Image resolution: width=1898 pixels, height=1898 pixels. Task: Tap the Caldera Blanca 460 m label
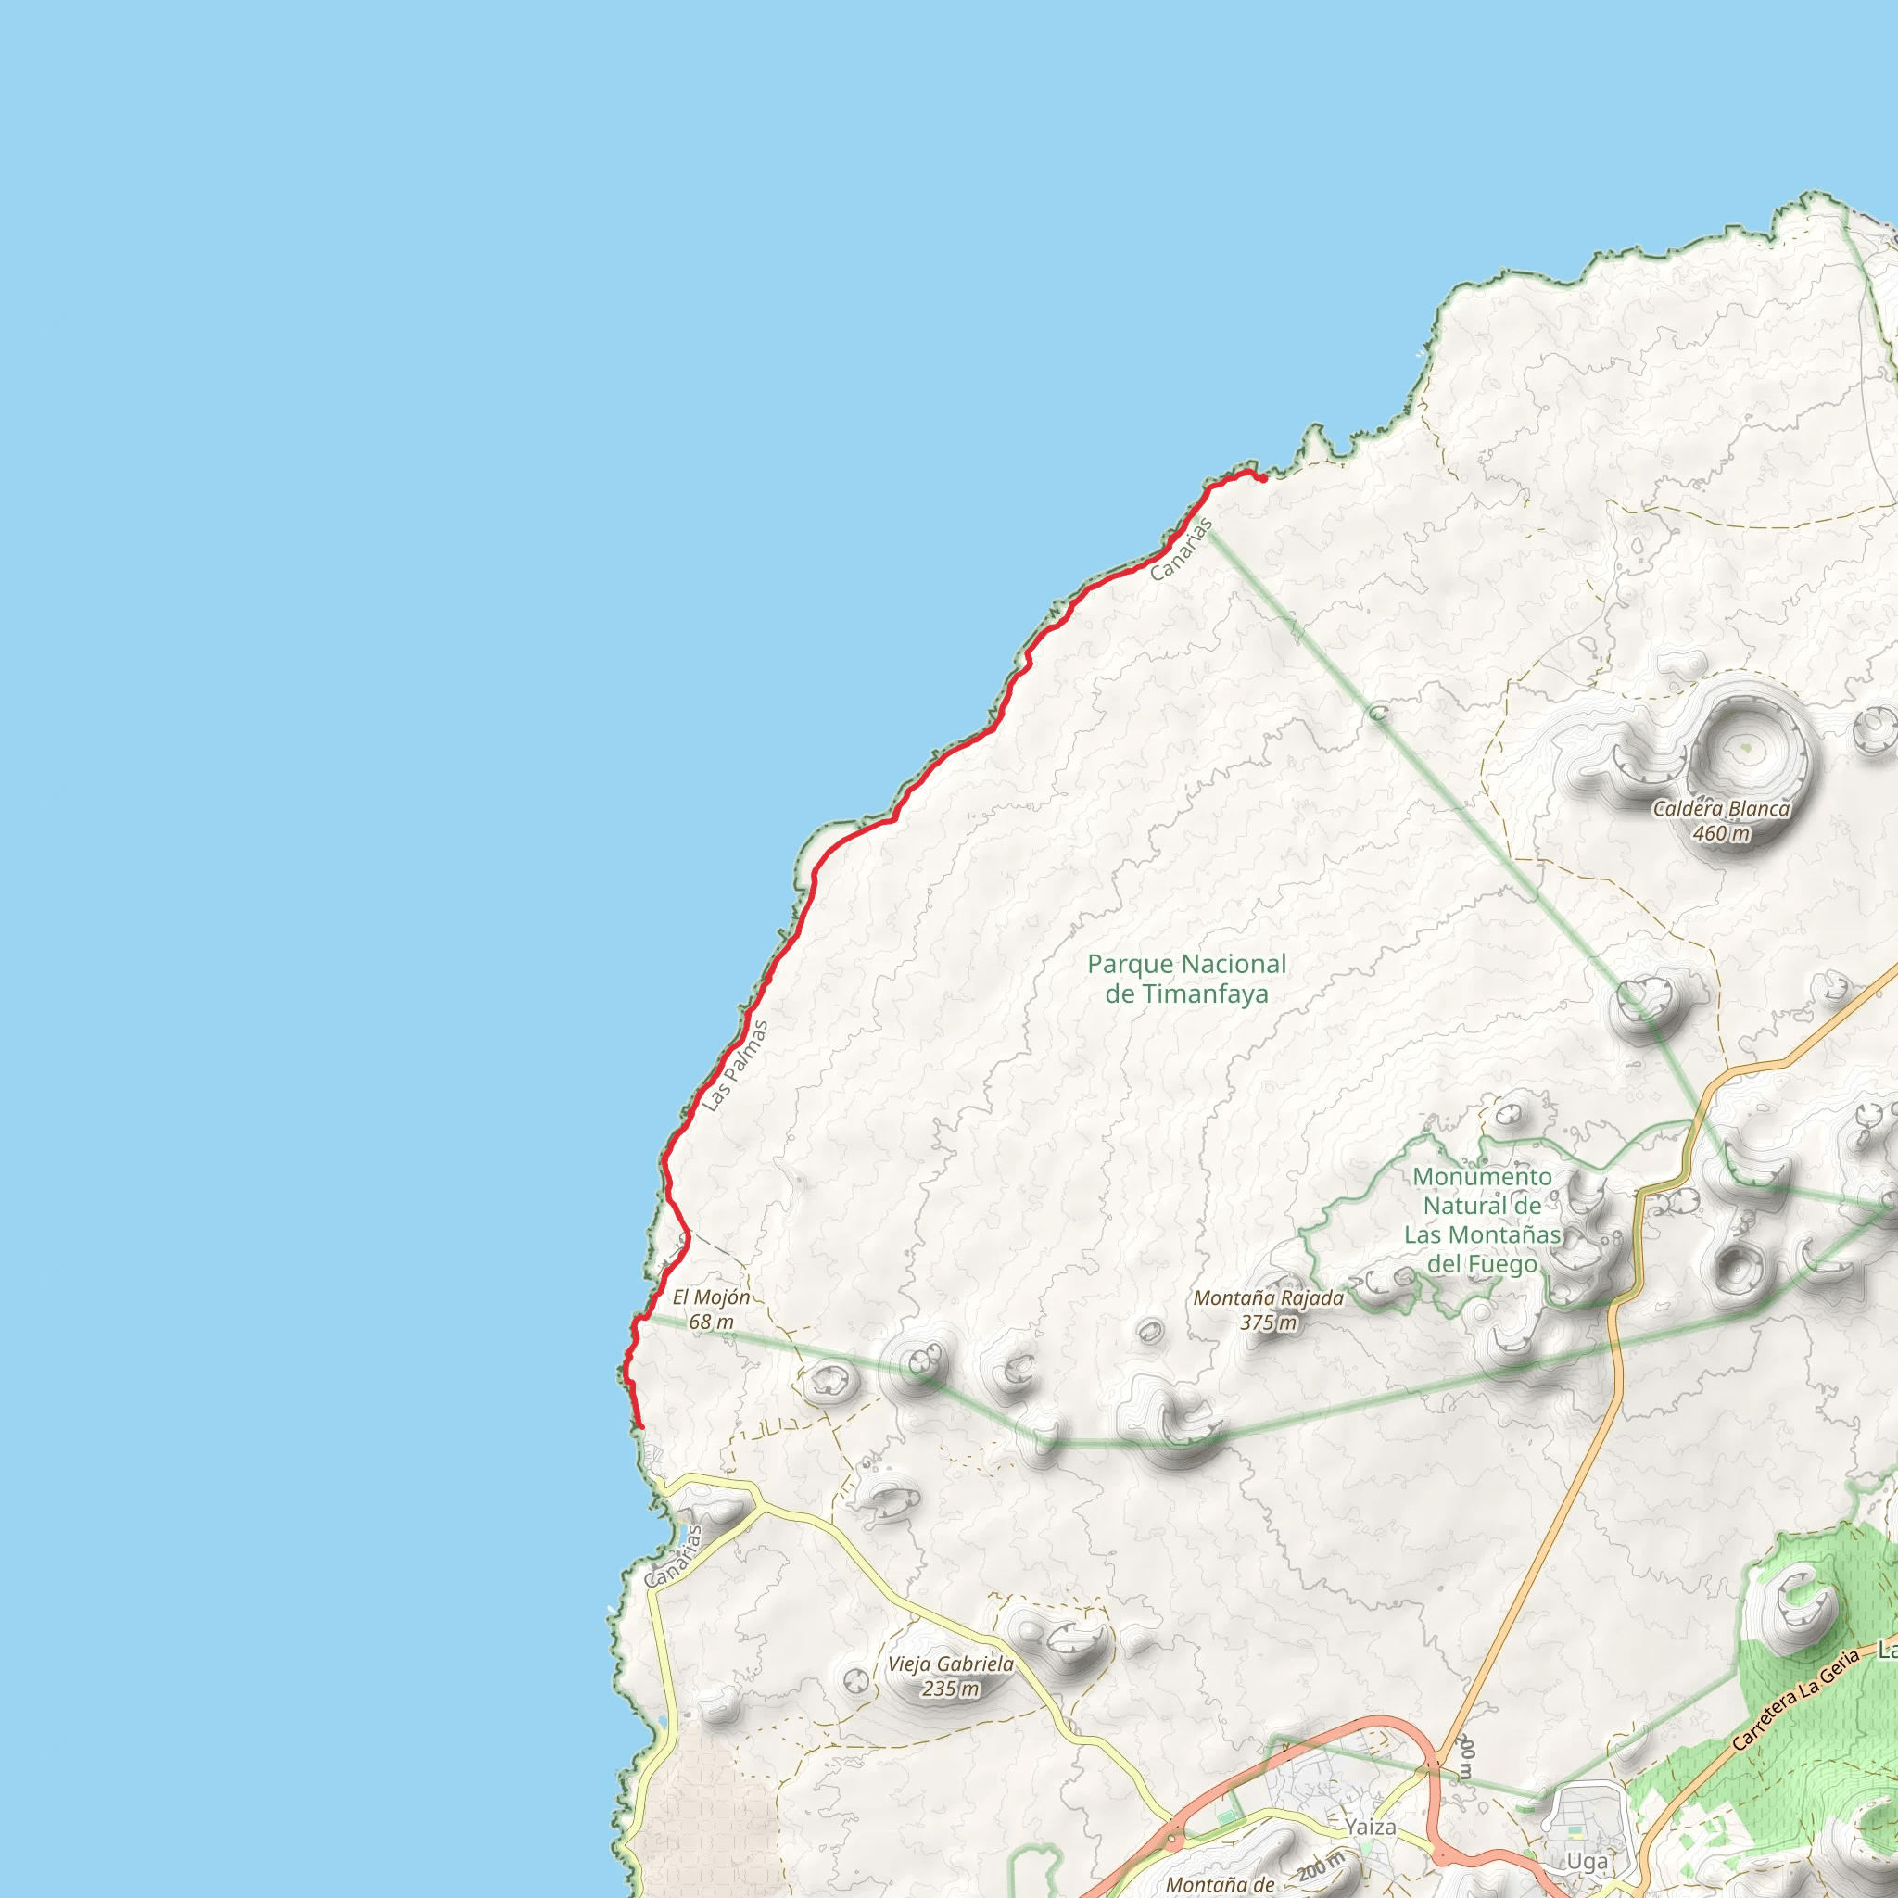(1721, 821)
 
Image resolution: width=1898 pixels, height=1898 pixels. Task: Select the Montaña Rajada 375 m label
(1269, 1310)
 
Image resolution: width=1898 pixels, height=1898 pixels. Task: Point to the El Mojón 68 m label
(711, 1310)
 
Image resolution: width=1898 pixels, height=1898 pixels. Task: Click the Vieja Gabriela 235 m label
(950, 1676)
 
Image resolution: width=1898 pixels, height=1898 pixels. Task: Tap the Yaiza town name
(1371, 1827)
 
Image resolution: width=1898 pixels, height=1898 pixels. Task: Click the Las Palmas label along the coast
(735, 1066)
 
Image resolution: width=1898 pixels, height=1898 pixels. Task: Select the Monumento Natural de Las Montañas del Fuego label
(1482, 1220)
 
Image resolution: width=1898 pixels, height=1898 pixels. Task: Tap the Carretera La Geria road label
(1796, 1699)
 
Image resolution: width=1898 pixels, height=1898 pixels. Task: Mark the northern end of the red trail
(1262, 478)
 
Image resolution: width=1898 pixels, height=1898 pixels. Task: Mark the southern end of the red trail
(640, 1425)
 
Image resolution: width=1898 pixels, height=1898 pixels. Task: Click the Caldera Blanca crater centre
(1745, 749)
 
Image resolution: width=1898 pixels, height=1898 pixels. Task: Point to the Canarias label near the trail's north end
(1182, 550)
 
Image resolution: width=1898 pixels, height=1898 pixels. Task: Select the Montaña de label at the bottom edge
(1221, 1884)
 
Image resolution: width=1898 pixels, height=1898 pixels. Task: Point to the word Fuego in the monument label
(1482, 1263)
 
